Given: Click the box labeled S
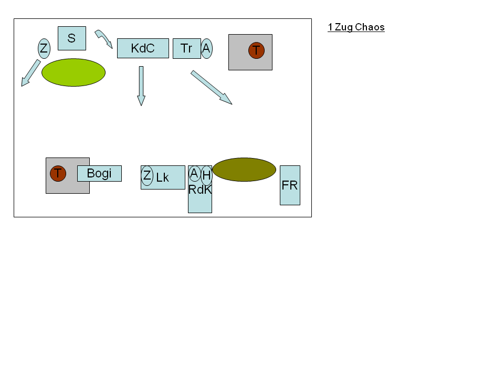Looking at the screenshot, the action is point(72,38).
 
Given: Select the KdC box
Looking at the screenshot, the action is point(143,48).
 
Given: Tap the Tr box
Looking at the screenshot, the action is point(187,48).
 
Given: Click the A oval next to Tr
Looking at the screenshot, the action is point(206,48).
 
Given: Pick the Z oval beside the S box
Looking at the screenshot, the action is point(44,48).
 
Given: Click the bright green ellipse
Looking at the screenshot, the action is point(73,72).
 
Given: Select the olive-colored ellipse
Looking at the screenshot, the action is point(244,170).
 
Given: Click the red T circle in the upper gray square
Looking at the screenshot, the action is point(257,50).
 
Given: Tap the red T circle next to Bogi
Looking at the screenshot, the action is point(58,174).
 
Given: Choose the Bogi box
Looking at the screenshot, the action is point(99,174).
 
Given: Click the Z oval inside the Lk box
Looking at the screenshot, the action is point(147,175).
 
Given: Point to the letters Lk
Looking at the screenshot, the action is point(162,177).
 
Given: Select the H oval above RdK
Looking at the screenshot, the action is point(206,175).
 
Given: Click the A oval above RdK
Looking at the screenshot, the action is point(194,174).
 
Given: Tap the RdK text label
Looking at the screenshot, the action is point(200,190).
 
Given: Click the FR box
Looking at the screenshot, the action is point(290,185).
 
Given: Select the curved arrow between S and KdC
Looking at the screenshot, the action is point(104,38).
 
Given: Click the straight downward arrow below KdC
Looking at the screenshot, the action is point(141,86).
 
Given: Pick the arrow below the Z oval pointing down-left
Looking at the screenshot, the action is point(31,73).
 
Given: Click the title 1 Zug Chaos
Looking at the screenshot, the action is point(356,27).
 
